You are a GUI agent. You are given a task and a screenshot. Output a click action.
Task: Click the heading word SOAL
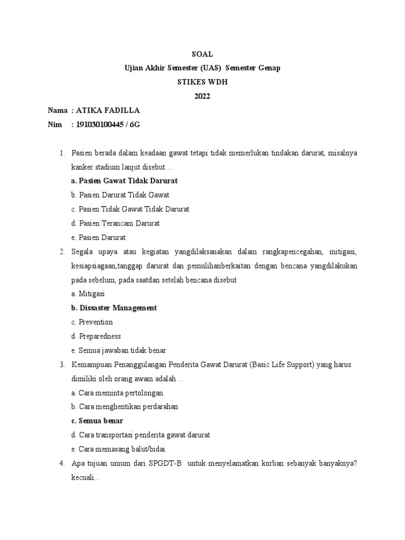[202, 54]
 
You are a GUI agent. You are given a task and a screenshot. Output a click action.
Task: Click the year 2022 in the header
[202, 97]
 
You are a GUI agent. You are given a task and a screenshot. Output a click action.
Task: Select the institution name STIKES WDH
[202, 82]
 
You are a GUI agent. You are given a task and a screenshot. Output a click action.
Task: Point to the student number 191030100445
[102, 125]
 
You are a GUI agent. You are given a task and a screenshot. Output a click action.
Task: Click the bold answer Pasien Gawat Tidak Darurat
[124, 181]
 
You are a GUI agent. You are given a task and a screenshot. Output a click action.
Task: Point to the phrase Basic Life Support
[281, 364]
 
